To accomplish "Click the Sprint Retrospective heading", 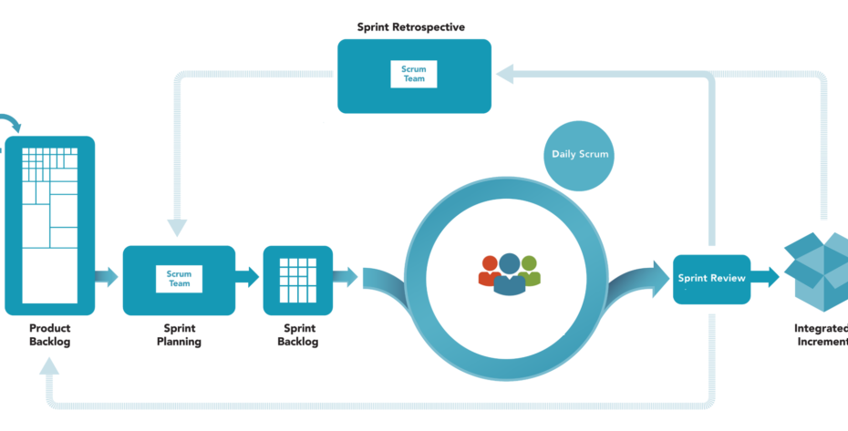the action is (x=411, y=27).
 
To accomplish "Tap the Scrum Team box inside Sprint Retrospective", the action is (x=414, y=74).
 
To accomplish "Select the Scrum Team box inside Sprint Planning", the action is (x=179, y=279).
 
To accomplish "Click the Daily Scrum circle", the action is (x=579, y=155).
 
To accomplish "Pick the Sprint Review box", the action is (x=712, y=279).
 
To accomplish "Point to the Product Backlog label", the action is (x=50, y=334).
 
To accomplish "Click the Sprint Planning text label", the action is (x=179, y=334).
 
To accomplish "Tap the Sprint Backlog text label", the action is (x=298, y=334).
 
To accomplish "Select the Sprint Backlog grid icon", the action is (x=298, y=280).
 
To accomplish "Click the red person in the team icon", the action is (x=489, y=271).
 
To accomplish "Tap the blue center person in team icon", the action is (x=510, y=274).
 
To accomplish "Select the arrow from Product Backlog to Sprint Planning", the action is (x=107, y=276).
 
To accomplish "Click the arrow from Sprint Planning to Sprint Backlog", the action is (x=247, y=276).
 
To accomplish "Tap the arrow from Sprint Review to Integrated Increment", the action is (x=765, y=277).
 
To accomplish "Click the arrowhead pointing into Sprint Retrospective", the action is (x=505, y=74).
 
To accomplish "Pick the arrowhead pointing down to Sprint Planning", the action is (x=177, y=228).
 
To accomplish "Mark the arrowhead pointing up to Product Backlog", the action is (x=49, y=367).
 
